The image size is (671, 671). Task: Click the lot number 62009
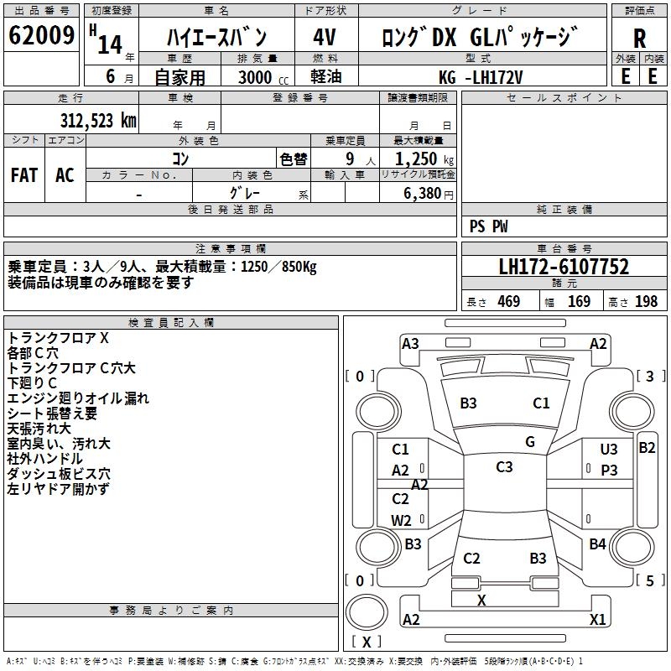tap(42, 37)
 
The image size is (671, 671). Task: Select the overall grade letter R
tap(639, 38)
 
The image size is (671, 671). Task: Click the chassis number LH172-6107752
tap(564, 268)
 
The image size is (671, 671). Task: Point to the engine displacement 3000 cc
tap(255, 77)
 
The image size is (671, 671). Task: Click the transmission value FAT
tap(24, 174)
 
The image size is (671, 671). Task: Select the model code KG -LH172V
tap(481, 77)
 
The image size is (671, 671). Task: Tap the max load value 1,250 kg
tap(418, 159)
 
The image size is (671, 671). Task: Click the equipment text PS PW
tap(488, 226)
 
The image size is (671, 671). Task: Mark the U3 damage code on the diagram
tap(608, 450)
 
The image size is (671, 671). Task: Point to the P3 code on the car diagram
tap(608, 471)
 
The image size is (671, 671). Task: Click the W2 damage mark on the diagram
tap(401, 520)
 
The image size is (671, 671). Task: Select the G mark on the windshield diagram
tap(529, 442)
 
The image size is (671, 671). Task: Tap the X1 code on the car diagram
tap(597, 620)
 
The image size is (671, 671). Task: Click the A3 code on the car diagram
tap(410, 344)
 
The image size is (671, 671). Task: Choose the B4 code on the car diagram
tap(597, 544)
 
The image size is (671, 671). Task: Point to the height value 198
tap(646, 302)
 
